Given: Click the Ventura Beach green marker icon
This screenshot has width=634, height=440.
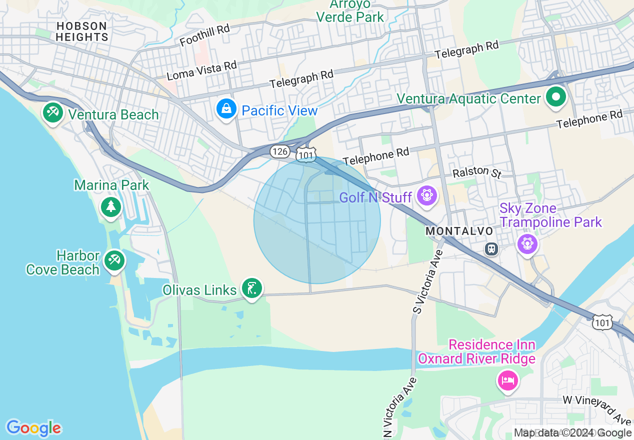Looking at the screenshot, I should pos(52,112).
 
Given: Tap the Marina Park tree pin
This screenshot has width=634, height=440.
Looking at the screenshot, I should pos(110,206).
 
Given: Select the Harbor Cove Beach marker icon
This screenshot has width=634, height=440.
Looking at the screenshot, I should pos(114,260).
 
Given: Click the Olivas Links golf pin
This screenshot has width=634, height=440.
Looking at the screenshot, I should pos(252,288).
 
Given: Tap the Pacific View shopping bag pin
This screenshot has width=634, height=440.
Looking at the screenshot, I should pos(226,108).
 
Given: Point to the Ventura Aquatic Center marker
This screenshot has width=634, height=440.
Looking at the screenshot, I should pos(555,96).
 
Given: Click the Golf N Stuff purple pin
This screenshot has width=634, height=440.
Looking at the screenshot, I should pos(427,195).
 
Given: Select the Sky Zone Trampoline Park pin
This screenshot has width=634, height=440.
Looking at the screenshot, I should pos(527,243).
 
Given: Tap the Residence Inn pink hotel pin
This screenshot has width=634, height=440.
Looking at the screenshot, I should pos(508,381).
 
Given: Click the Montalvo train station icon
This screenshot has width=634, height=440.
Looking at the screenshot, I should pos(492,248).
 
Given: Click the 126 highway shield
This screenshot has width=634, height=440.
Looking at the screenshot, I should pos(279,151).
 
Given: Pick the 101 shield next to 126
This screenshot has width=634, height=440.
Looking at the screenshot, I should pos(305,155).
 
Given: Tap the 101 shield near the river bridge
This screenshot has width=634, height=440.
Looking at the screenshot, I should pos(602,323).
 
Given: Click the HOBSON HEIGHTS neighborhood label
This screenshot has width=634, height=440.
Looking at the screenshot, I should pos(82,31).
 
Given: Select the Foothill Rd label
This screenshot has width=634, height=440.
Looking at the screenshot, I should pos(204,35).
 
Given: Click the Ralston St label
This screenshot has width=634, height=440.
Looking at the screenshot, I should pos(476,172).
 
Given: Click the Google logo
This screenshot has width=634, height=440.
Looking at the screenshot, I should pos(33,428).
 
